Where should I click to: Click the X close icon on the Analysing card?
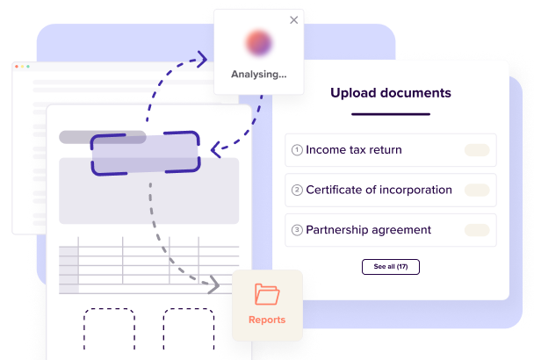(x=294, y=20)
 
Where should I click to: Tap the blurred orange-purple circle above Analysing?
(x=258, y=43)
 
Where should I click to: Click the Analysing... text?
(x=259, y=75)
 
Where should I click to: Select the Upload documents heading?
(x=391, y=93)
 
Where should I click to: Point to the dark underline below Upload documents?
(x=391, y=114)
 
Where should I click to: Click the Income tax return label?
(x=354, y=150)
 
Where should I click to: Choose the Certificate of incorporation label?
(x=379, y=190)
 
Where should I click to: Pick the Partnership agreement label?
(x=369, y=230)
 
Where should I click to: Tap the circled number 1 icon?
(x=297, y=150)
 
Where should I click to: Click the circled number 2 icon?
(x=297, y=190)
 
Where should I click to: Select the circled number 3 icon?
(x=297, y=230)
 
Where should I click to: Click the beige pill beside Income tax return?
(x=477, y=150)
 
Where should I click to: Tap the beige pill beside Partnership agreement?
(x=477, y=230)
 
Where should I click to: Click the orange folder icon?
(x=267, y=294)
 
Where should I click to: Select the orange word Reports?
(x=267, y=320)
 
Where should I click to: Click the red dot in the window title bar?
(x=17, y=67)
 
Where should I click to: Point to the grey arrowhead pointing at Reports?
(x=213, y=284)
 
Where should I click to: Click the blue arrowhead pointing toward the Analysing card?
(x=202, y=59)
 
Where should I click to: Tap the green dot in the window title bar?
(x=28, y=67)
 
